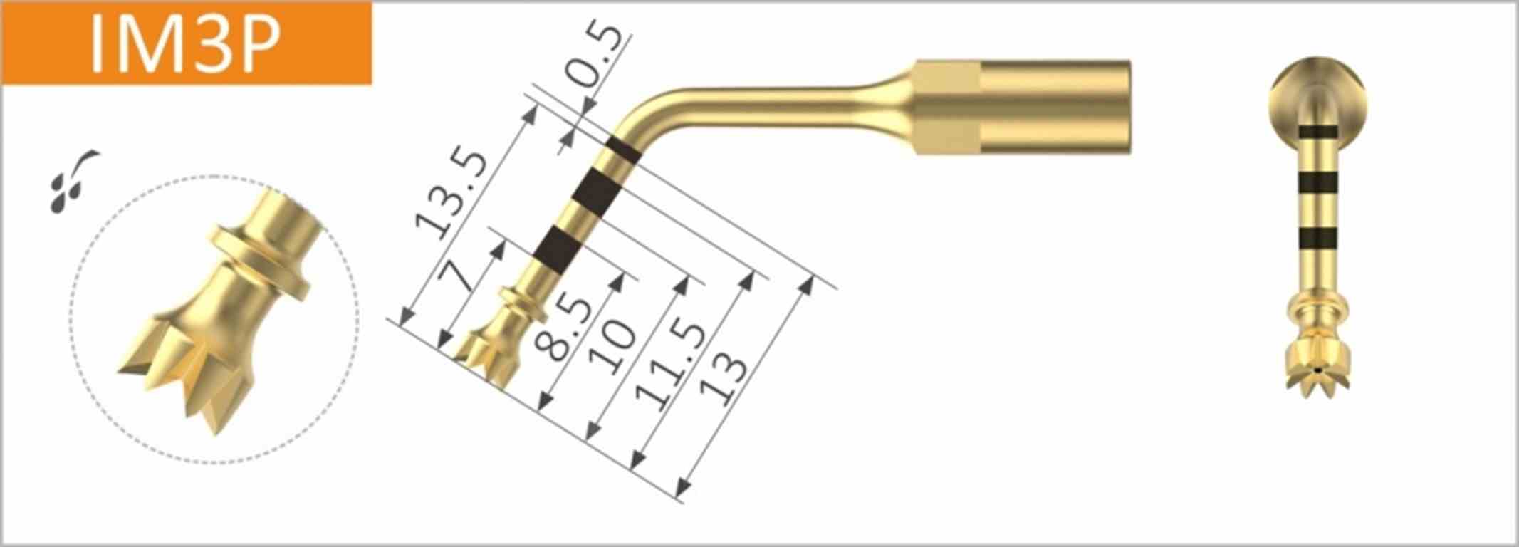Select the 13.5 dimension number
tap(453, 194)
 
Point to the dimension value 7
tap(464, 276)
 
